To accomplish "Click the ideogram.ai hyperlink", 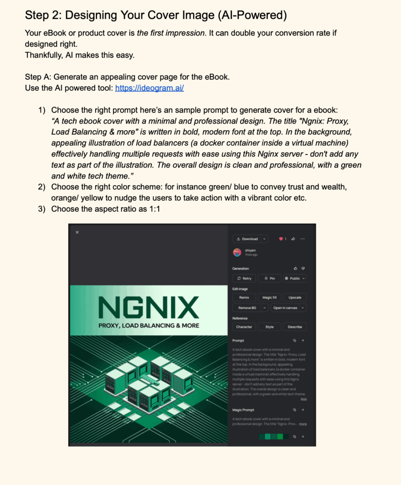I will click(x=149, y=88).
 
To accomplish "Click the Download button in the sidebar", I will click(x=247, y=239).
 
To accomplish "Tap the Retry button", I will click(x=244, y=278).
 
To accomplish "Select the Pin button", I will click(x=269, y=278).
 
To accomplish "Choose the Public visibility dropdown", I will click(x=294, y=278).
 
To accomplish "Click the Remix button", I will click(x=244, y=297).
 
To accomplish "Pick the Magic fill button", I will click(x=269, y=297).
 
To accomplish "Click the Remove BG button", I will click(x=247, y=308).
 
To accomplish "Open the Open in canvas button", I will click(x=288, y=308).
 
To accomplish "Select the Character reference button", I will click(x=244, y=327).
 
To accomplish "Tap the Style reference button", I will click(x=269, y=327).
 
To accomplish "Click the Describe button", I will click(x=294, y=327).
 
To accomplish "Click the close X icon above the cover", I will click(x=77, y=232).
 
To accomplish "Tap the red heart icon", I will click(x=281, y=239).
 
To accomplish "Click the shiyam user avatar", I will click(x=237, y=252).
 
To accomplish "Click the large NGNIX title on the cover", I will click(x=149, y=308).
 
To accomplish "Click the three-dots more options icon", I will click(x=303, y=239).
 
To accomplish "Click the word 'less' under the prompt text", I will click(x=303, y=399).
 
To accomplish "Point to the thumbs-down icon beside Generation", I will click(x=303, y=269).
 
